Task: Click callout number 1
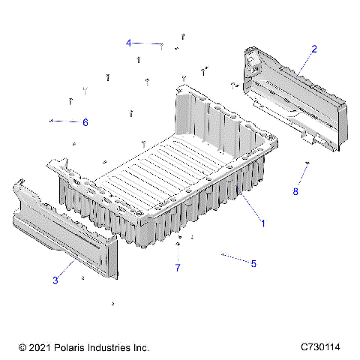[262, 223]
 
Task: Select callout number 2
[313, 49]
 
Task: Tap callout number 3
[55, 280]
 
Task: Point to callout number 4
[128, 43]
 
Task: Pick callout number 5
[253, 264]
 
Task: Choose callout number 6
[85, 122]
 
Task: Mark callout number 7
[178, 267]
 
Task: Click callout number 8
[295, 191]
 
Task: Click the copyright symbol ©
[22, 348]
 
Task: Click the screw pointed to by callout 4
[161, 46]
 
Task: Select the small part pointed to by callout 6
[50, 120]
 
